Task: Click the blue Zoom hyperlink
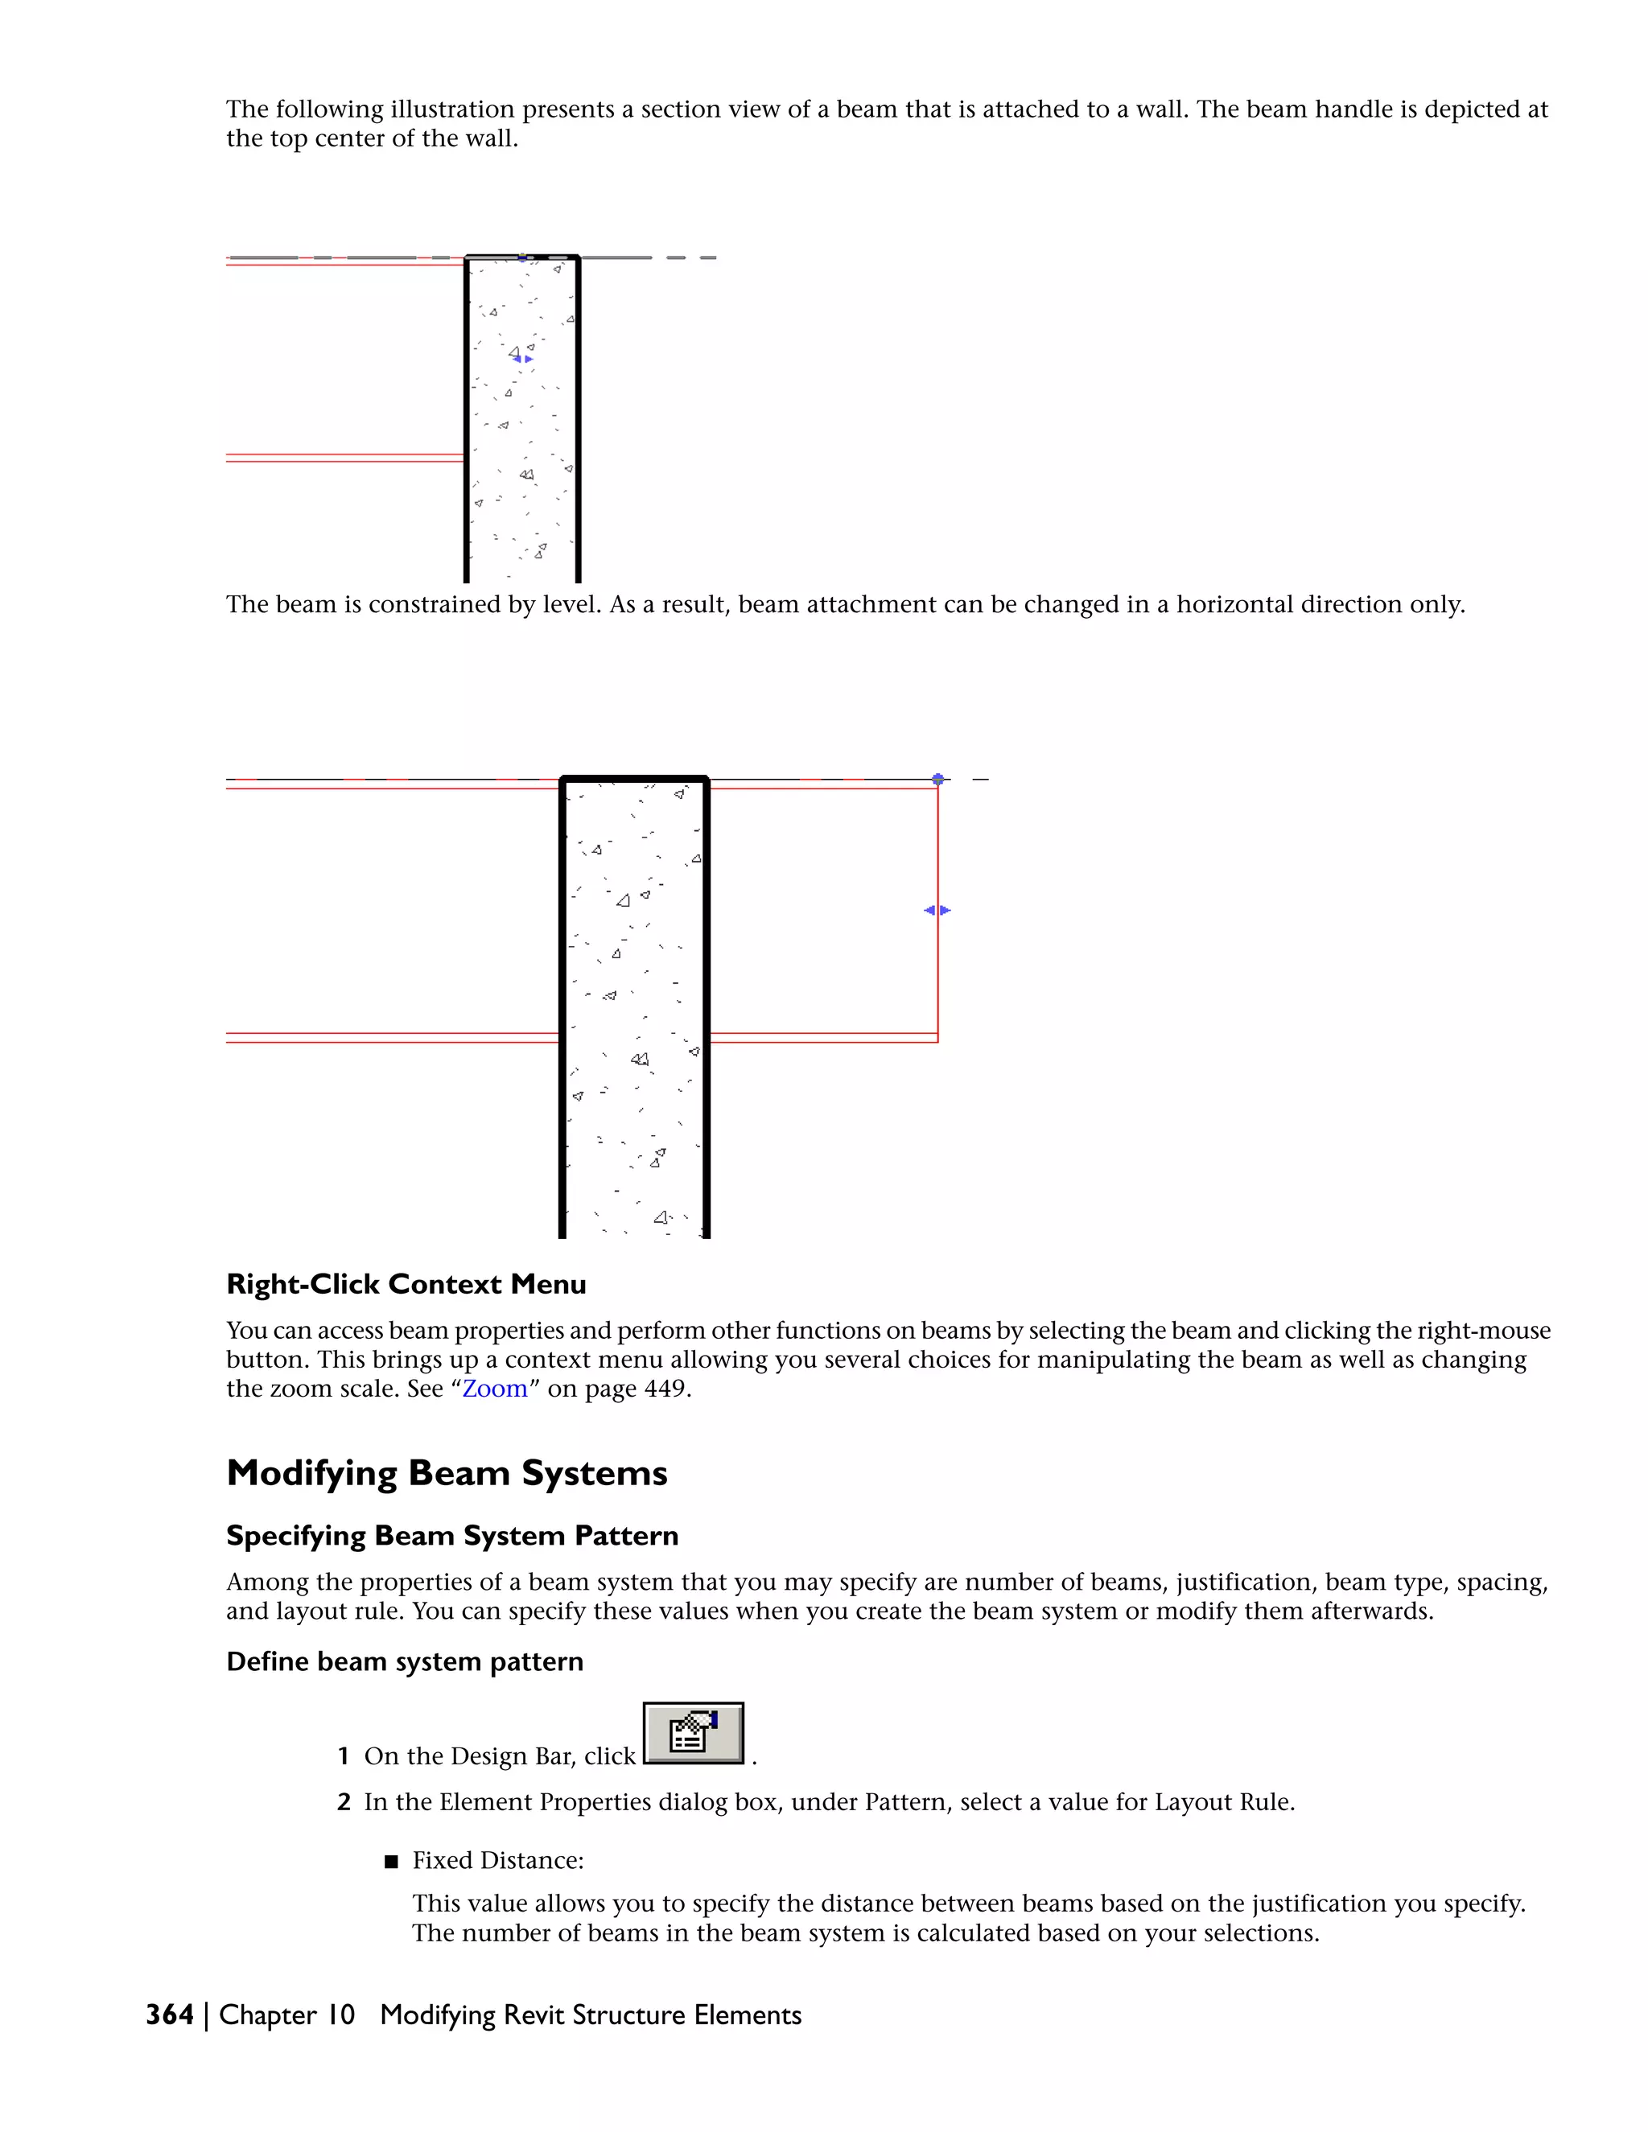pos(494,1389)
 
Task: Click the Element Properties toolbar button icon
pos(693,1734)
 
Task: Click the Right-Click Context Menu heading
pos(406,1285)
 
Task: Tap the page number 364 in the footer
pos(169,2015)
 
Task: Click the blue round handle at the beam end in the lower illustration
pos(938,779)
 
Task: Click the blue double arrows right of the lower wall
pos(937,910)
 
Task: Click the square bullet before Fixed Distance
pos(392,1862)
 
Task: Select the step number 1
pos(343,1756)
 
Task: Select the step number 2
pos(343,1802)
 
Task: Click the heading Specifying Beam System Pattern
pos(452,1536)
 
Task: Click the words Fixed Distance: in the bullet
pos(498,1861)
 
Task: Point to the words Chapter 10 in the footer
pos(287,2015)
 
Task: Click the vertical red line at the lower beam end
pos(938,976)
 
